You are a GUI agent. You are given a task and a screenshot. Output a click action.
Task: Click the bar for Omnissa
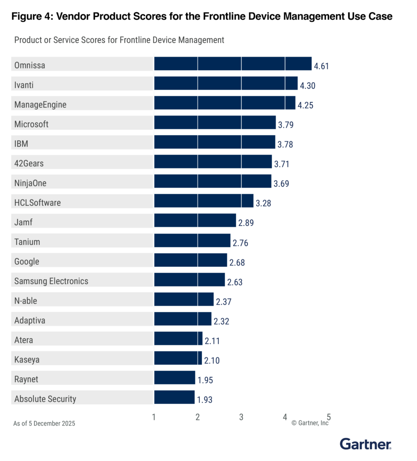tap(232, 64)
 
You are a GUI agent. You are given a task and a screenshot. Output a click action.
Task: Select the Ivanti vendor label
tap(24, 85)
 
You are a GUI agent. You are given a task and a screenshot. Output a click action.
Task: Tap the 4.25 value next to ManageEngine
tap(305, 105)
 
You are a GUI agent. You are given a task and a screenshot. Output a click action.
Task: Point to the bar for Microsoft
tap(215, 123)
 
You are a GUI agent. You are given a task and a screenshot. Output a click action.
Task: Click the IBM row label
tap(21, 144)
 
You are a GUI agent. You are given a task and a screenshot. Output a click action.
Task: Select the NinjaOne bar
tap(213, 181)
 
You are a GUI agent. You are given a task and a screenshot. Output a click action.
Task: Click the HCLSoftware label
tap(37, 203)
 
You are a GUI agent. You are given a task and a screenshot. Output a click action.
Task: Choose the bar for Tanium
tap(192, 240)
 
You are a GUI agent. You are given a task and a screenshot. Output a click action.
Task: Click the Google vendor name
tap(27, 262)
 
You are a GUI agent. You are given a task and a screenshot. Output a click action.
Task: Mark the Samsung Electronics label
tap(51, 281)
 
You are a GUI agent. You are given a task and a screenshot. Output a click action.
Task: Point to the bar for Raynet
tap(174, 378)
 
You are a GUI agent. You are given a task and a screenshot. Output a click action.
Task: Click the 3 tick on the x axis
tap(241, 417)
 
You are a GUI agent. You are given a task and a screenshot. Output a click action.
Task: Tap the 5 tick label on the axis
tap(329, 417)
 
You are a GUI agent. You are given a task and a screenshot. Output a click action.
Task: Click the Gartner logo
tap(365, 444)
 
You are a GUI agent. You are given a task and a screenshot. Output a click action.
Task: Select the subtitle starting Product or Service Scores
tap(119, 40)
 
